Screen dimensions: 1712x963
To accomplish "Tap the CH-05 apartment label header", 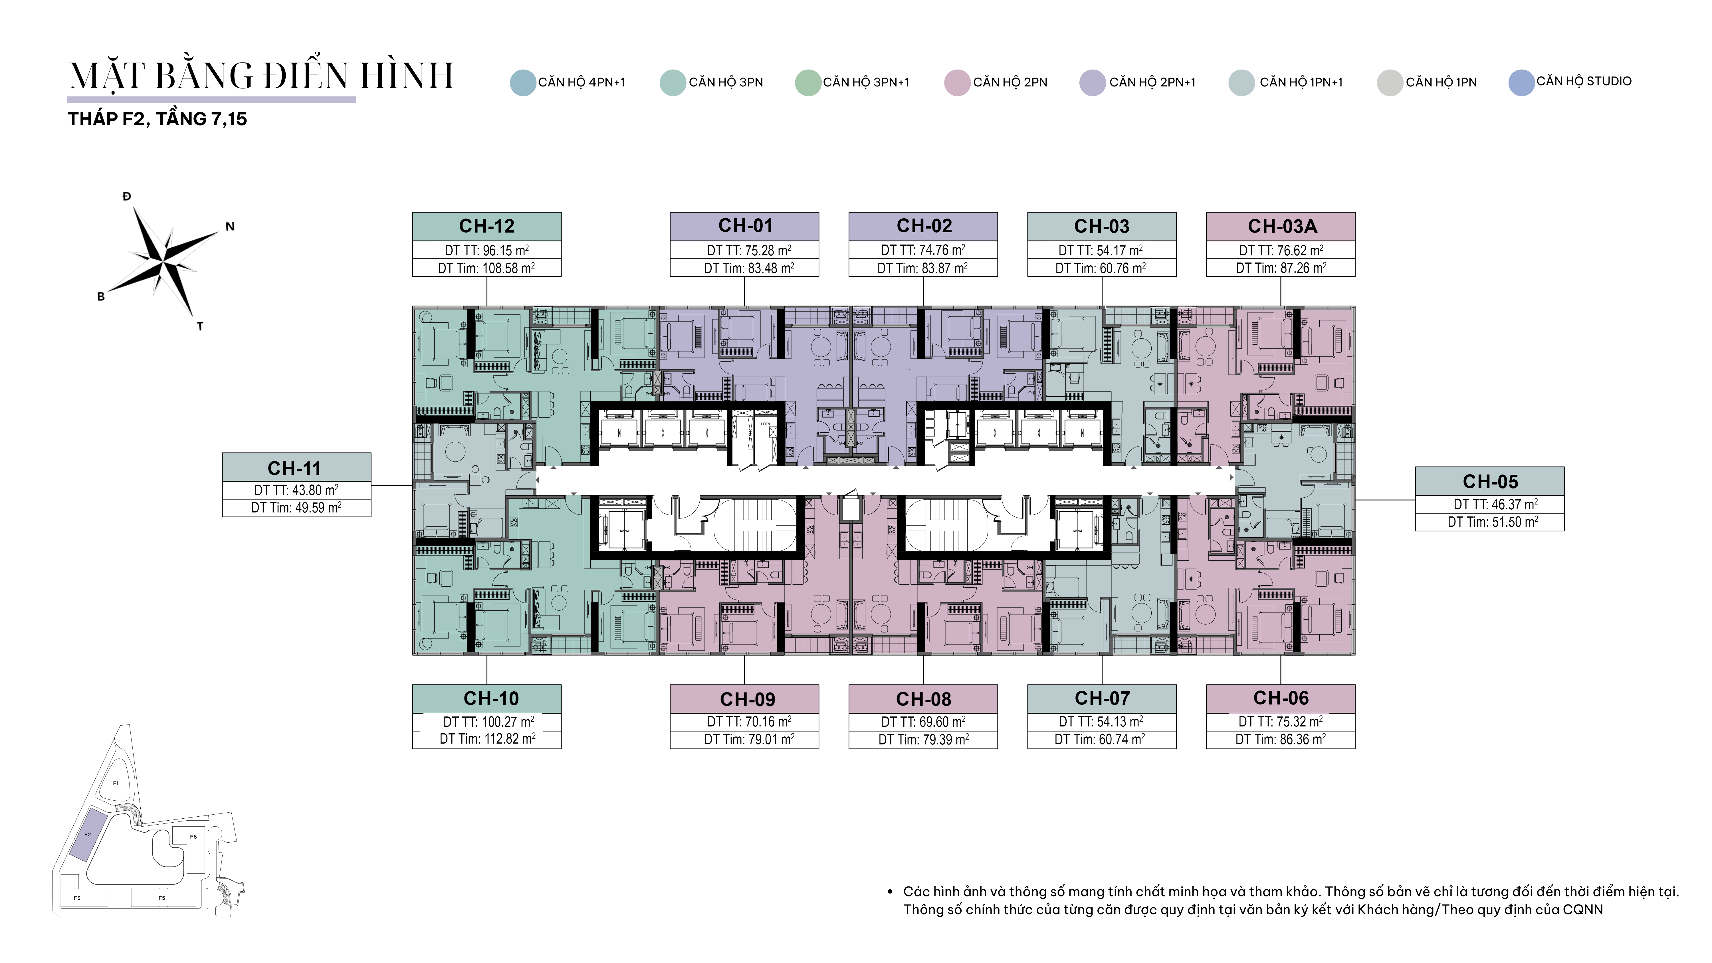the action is (x=1490, y=481).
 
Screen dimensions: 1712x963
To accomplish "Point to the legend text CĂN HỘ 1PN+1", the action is (x=1301, y=82).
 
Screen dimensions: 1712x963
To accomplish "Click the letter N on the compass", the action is (x=230, y=227).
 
